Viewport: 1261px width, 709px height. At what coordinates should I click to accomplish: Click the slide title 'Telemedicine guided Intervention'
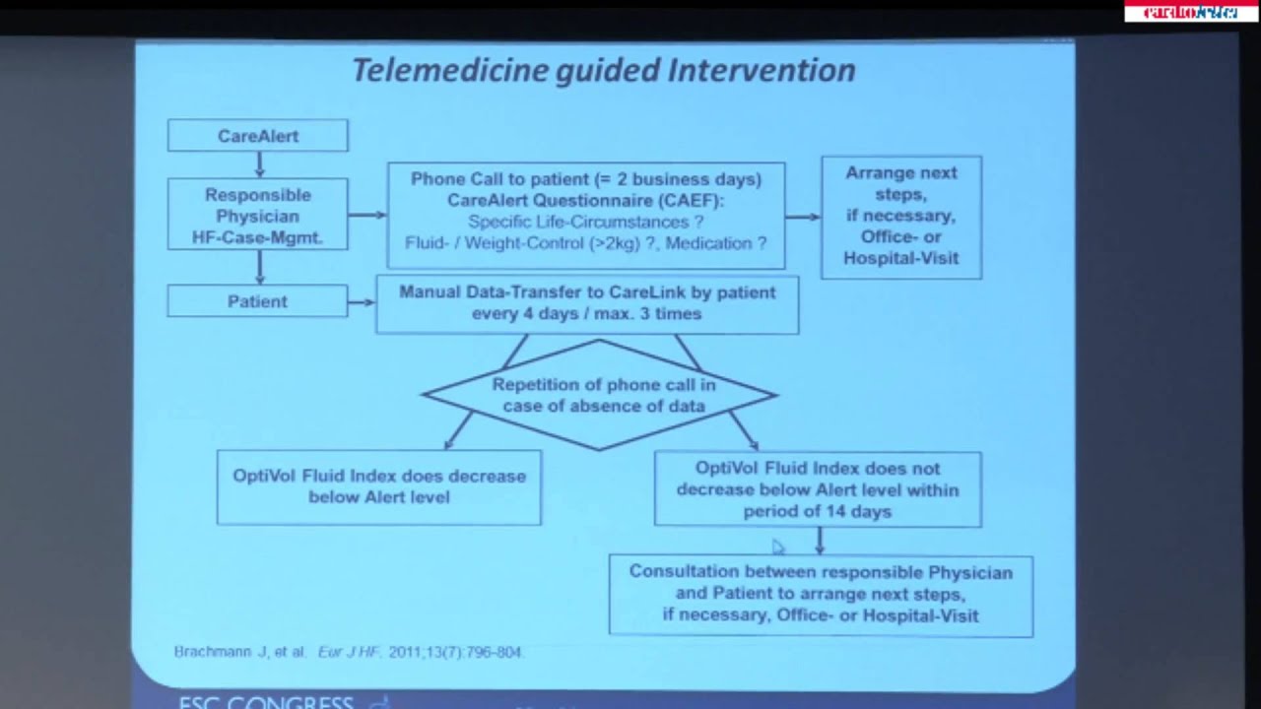[x=603, y=70]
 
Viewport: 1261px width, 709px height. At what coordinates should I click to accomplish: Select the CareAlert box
[x=257, y=136]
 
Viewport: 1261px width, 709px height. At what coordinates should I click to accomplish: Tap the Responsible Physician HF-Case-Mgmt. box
[x=257, y=216]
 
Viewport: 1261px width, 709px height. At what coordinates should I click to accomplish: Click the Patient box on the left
[x=257, y=301]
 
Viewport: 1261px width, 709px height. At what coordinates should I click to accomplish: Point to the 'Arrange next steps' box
[x=900, y=216]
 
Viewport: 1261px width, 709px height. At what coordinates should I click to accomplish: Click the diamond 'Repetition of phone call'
[x=599, y=395]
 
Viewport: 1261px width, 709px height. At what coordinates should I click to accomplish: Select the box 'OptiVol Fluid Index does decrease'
[x=378, y=486]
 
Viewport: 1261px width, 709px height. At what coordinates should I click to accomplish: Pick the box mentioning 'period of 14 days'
[x=817, y=489]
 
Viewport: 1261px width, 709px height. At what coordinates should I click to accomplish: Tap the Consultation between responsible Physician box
[x=820, y=594]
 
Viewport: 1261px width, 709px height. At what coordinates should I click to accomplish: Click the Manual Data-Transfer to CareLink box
[x=587, y=303]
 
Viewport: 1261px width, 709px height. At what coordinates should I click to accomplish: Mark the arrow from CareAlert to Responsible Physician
[x=259, y=163]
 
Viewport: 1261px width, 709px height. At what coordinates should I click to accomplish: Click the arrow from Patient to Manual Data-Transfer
[x=362, y=301]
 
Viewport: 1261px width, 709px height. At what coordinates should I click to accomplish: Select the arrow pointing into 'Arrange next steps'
[x=803, y=217]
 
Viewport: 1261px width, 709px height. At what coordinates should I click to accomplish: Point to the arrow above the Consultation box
[x=820, y=541]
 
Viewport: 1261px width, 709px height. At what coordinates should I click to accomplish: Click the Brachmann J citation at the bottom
[x=349, y=652]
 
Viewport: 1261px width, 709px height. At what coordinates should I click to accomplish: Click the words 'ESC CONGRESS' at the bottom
[x=266, y=702]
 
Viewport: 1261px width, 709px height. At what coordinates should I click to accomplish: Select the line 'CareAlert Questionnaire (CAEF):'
[x=586, y=200]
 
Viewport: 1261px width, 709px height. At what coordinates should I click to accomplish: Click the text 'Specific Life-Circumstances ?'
[x=586, y=222]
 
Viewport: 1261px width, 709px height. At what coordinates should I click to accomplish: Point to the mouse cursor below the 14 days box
[x=778, y=547]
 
